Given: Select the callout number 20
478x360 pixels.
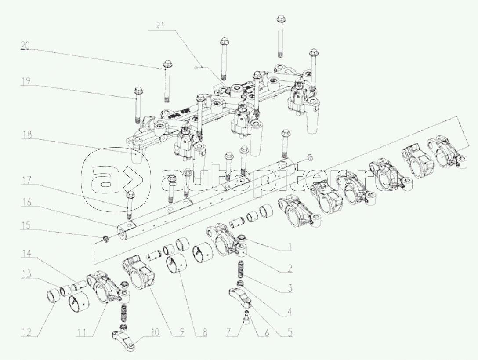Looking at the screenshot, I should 25,45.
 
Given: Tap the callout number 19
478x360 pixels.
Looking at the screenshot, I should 25,81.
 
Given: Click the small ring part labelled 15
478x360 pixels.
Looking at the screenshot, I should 105,238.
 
